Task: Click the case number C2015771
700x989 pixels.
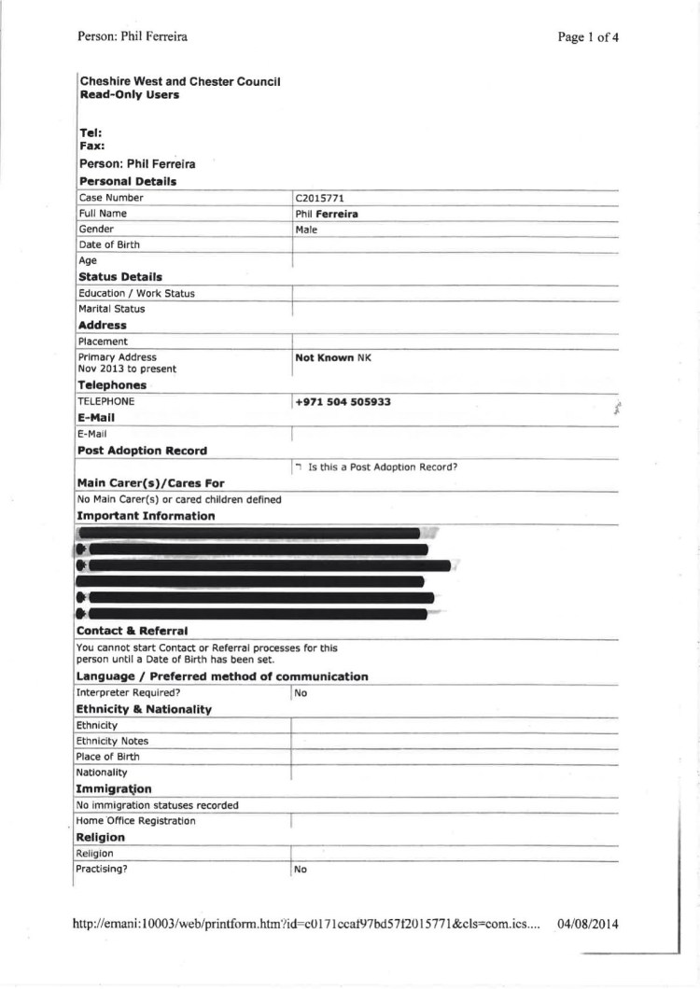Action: coord(320,198)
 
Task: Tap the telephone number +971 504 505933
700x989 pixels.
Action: coord(343,402)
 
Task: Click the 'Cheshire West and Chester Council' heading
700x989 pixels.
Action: coord(180,82)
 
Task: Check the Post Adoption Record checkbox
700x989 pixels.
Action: coord(298,467)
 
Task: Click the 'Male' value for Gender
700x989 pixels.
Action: coord(306,230)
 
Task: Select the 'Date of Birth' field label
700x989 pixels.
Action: coord(109,245)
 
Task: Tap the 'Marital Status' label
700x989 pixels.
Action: coord(111,309)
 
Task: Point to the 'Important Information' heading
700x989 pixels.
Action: coord(146,516)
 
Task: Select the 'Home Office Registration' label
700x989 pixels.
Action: coord(136,821)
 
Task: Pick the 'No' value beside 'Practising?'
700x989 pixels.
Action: coord(301,869)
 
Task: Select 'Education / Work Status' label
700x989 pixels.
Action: coord(136,293)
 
